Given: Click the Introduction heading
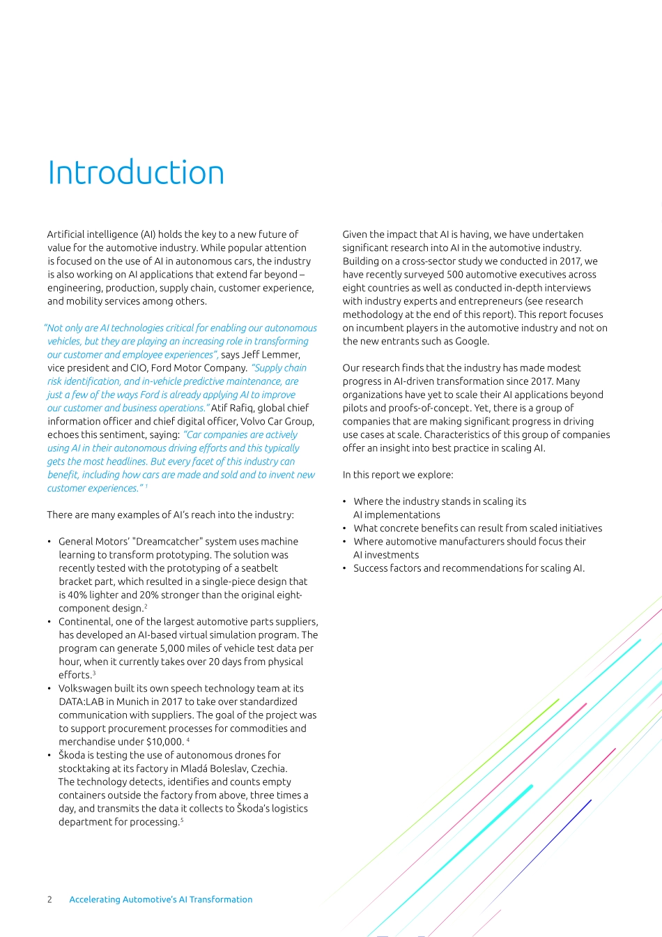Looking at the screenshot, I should click(x=136, y=173).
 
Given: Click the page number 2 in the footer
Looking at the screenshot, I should click(x=49, y=899).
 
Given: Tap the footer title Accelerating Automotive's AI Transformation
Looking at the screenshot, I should click(x=160, y=899).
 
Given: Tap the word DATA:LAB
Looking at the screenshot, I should click(x=81, y=702).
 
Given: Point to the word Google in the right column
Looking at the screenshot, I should click(x=472, y=342).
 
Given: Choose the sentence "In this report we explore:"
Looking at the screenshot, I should click(x=397, y=475).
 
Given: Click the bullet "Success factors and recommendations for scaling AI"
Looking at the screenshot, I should click(x=468, y=568).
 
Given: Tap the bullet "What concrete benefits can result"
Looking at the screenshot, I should click(x=477, y=528).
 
